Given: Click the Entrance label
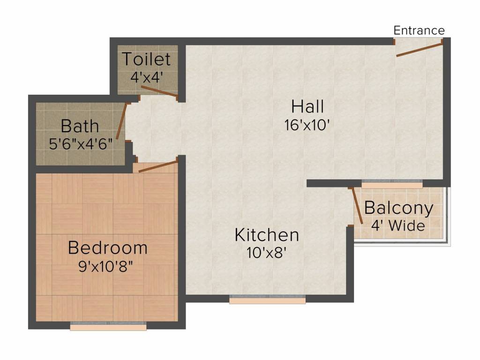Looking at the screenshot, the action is [419, 30].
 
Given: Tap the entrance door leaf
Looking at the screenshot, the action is [420, 50].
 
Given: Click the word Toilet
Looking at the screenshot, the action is [146, 59].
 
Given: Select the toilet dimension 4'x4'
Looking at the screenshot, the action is [146, 77].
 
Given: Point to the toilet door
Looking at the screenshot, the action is [159, 91].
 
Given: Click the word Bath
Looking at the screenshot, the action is [80, 126].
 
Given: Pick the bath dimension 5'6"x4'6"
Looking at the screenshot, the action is [81, 144].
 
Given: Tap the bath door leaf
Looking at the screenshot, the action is [121, 121].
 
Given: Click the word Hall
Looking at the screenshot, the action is [307, 106].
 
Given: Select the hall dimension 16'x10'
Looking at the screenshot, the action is [307, 125].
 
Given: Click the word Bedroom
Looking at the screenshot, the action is [108, 247].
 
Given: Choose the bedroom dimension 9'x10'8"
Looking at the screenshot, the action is [106, 267].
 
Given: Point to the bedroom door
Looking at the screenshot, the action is [158, 166].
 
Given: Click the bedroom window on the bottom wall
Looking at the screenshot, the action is [108, 326].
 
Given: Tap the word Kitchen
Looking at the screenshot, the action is [267, 235].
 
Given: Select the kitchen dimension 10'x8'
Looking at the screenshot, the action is [267, 253].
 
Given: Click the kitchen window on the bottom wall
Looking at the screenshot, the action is [267, 300].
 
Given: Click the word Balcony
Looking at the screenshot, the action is [398, 208].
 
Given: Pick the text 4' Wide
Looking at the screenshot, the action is [398, 225].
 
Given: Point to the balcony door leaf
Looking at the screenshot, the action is [357, 205].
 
